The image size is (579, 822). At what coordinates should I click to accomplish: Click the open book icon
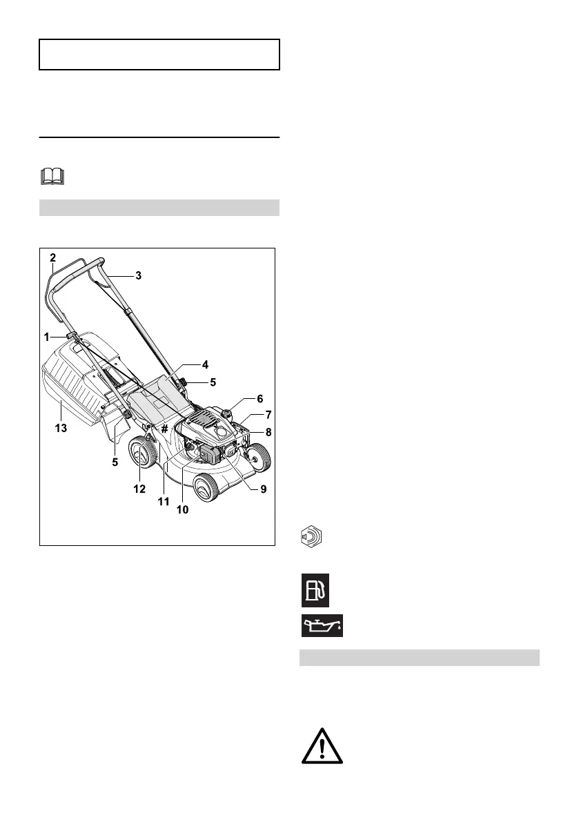[52, 176]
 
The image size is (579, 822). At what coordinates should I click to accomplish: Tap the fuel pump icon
[315, 590]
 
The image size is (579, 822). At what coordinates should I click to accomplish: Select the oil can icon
[322, 625]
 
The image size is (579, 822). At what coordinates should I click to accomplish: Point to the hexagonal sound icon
[311, 536]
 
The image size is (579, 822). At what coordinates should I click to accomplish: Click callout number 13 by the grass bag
[61, 429]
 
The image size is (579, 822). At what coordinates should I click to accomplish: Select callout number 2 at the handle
[53, 257]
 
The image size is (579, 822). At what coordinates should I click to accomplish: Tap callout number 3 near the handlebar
[138, 275]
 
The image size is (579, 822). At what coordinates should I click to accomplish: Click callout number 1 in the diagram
[47, 337]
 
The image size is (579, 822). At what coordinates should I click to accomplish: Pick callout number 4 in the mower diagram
[205, 364]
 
